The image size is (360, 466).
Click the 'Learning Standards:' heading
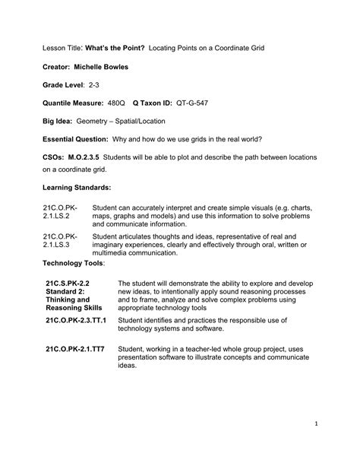77,187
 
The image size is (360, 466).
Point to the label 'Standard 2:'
65,291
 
